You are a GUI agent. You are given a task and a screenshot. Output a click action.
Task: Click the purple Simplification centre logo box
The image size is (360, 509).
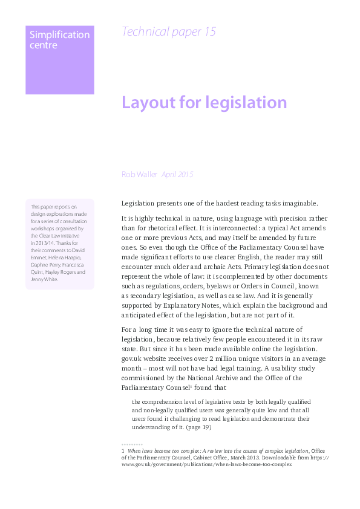59,60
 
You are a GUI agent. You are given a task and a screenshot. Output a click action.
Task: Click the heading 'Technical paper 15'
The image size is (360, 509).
168,32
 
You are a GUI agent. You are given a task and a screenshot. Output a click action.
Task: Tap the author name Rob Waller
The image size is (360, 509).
139,174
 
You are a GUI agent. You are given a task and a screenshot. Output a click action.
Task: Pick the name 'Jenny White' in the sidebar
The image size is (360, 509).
44,279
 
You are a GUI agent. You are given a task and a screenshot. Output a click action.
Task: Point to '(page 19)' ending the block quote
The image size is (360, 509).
198,427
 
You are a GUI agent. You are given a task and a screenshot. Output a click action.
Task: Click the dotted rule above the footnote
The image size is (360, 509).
133,445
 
